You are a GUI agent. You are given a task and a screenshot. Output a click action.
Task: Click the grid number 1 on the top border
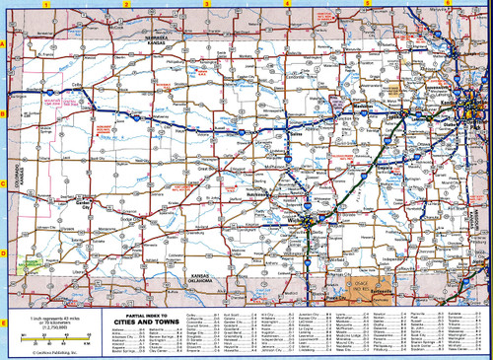tap(46, 4)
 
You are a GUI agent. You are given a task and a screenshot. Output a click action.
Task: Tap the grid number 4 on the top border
tap(286, 4)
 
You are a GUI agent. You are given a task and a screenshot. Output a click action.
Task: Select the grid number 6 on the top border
tap(447, 4)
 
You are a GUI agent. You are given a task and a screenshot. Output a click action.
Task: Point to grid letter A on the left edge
tap(4, 45)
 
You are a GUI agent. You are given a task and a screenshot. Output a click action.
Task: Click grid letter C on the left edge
tap(4, 183)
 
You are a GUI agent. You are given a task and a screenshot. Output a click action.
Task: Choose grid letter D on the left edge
tap(4, 252)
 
